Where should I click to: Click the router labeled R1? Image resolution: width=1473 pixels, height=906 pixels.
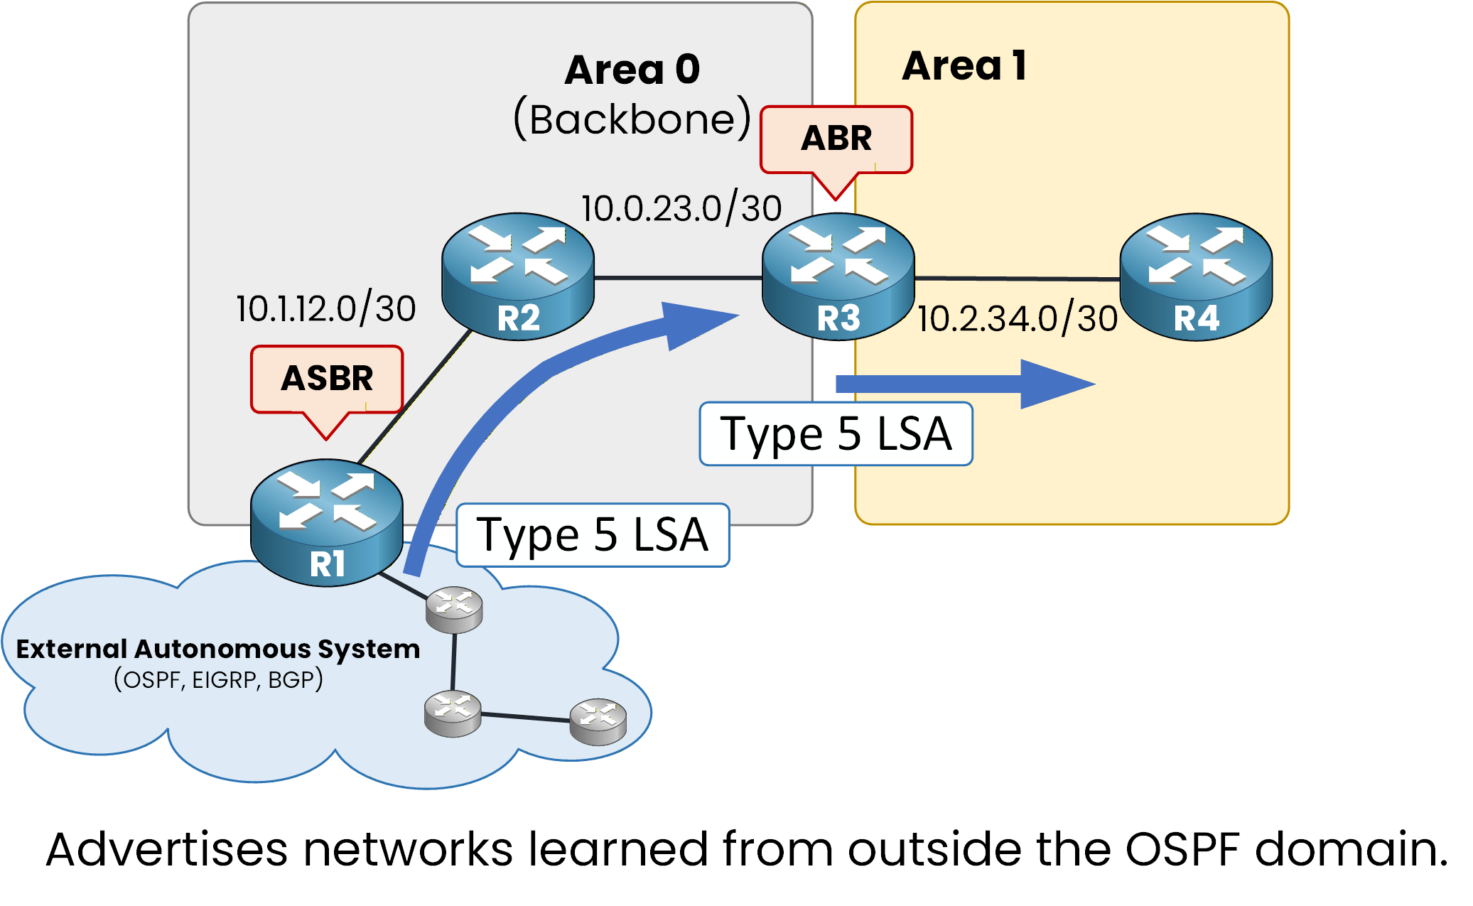(x=327, y=522)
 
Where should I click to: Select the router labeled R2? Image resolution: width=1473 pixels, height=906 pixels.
(x=518, y=276)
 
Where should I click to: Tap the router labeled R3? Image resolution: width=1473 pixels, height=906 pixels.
(x=838, y=276)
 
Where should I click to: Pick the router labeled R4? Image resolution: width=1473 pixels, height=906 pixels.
(x=1196, y=276)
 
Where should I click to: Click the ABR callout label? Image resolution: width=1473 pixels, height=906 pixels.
(x=836, y=139)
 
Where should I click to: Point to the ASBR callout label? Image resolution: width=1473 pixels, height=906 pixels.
(x=327, y=379)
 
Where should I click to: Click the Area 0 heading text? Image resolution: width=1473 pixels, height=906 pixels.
(x=632, y=70)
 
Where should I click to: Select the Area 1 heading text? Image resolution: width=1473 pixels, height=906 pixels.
(x=964, y=66)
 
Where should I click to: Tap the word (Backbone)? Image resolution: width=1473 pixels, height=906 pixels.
(x=632, y=119)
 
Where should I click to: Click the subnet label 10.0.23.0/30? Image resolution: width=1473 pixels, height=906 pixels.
(x=681, y=209)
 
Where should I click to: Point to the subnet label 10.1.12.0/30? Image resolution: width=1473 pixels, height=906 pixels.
(x=326, y=309)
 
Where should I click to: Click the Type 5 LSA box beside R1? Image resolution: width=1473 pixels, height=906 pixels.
(x=593, y=535)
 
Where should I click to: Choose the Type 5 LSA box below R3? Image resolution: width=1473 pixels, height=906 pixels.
(x=836, y=434)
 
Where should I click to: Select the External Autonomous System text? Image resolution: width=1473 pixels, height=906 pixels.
(x=218, y=649)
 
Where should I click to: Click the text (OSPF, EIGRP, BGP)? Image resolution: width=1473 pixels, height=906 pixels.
(x=218, y=680)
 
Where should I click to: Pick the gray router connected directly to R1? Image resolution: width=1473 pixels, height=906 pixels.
(x=454, y=609)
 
